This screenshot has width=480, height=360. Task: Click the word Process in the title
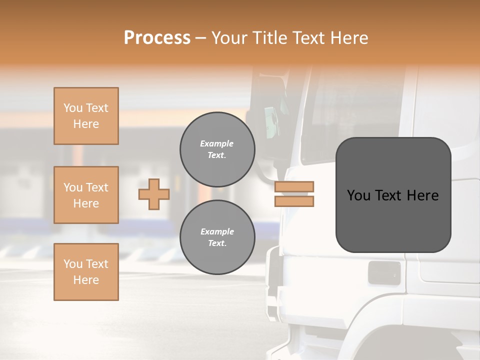(x=157, y=38)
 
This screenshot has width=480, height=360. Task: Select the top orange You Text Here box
(x=86, y=116)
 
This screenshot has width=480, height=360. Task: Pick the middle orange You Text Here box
(x=86, y=195)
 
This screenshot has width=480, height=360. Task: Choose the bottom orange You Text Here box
(x=86, y=272)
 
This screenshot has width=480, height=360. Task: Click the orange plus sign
(x=154, y=194)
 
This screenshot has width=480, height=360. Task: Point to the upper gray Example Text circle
(x=217, y=149)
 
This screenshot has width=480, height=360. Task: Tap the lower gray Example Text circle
(x=217, y=237)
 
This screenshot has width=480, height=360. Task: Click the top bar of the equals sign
(x=294, y=186)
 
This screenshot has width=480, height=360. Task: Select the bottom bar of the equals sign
(x=294, y=201)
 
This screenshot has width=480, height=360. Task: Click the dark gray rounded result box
(x=393, y=195)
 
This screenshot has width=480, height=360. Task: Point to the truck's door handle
(x=384, y=273)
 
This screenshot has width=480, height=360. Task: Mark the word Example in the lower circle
(x=217, y=231)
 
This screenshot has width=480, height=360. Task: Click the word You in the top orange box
(x=72, y=108)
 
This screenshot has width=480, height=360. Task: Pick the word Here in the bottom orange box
(x=86, y=280)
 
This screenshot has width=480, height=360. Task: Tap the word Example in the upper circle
(x=216, y=143)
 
